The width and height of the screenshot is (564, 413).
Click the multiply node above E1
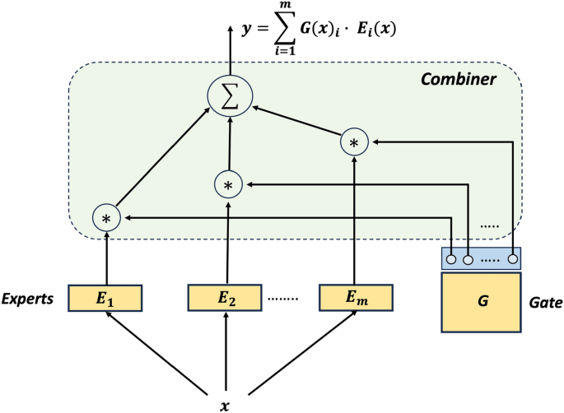click(105, 218)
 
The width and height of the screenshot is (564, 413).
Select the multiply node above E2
click(227, 184)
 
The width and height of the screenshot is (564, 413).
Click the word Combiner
click(458, 80)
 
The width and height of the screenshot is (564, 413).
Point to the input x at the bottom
click(224, 405)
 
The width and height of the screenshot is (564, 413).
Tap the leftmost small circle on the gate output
click(451, 260)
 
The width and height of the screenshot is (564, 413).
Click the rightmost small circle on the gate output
click(513, 260)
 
